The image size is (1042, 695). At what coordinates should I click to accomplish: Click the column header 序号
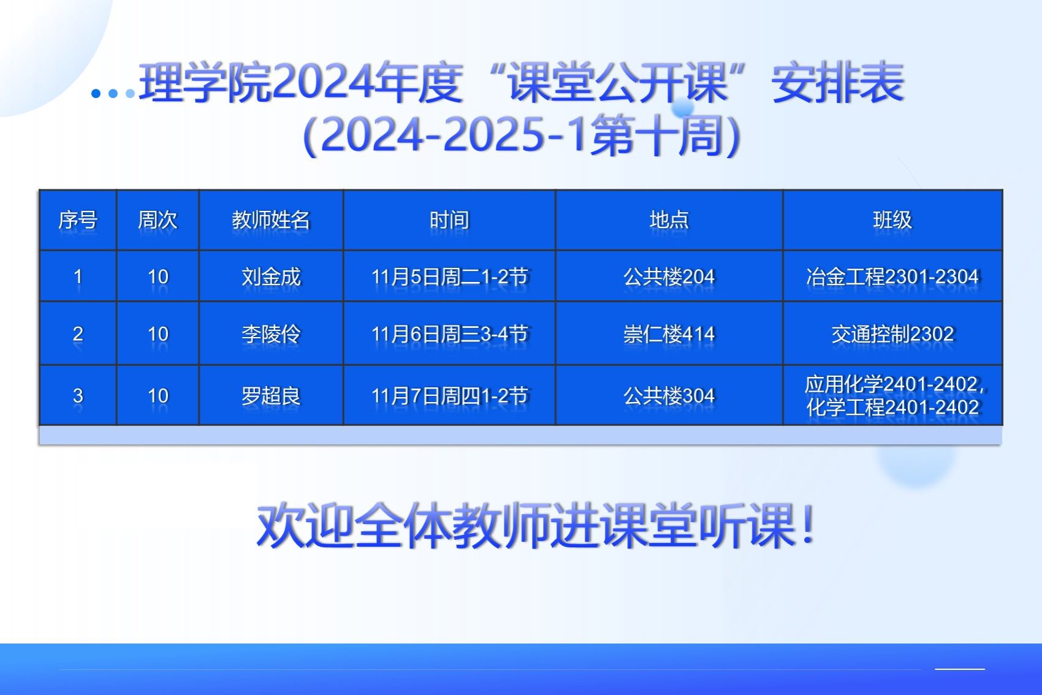78,219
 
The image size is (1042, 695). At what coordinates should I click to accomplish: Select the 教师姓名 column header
271,219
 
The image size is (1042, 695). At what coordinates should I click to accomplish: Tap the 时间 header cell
449,219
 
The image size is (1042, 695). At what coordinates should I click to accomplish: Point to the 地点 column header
669,219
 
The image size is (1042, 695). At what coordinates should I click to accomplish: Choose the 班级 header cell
892,219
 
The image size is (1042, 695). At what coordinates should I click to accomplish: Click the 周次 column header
158,219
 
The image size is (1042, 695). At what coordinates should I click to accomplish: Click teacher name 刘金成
271,277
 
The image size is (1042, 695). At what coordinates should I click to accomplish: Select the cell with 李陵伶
271,334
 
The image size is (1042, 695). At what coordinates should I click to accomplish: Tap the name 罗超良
271,396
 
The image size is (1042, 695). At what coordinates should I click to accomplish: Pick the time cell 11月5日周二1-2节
449,277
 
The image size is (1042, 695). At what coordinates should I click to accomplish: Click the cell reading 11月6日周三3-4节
449,334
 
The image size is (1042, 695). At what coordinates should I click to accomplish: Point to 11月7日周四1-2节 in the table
449,396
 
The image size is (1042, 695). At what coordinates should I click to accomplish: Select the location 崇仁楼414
669,334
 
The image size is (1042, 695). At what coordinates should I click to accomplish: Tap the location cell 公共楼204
669,277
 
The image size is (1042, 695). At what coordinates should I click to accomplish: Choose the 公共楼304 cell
669,396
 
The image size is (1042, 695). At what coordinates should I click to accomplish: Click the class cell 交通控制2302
892,334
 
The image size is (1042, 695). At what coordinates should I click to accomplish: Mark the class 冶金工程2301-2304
892,277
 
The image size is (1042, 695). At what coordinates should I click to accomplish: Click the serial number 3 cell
78,396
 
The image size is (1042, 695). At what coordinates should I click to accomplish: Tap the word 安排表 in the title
838,82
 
